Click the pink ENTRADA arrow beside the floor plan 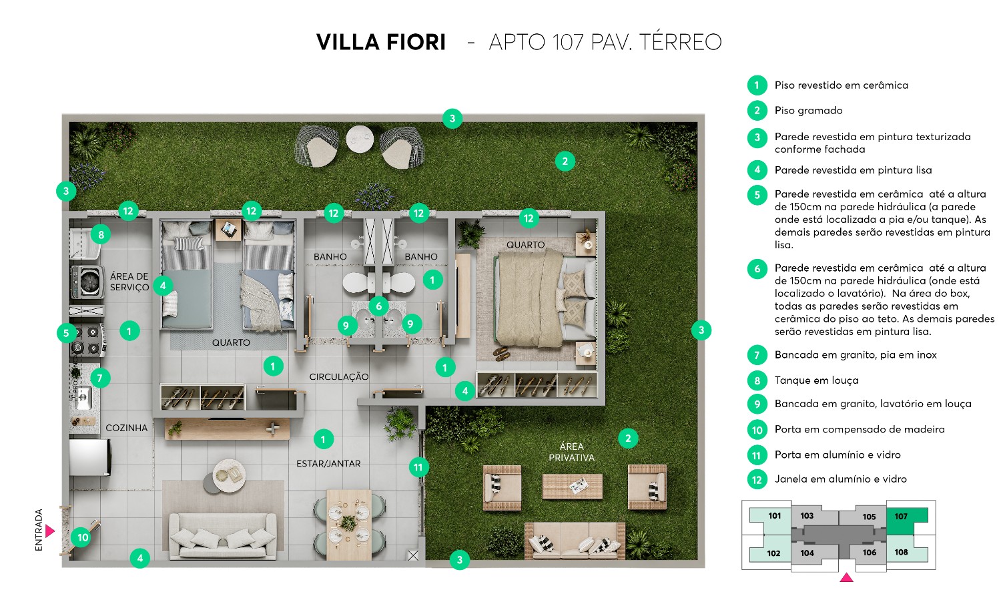(x=49, y=531)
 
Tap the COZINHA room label (x=127, y=428)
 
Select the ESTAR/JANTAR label (x=328, y=464)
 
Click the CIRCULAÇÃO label (x=339, y=376)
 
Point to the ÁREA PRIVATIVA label (x=571, y=452)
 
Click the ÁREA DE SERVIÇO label (x=129, y=282)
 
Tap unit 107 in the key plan (x=906, y=521)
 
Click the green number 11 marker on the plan (x=418, y=467)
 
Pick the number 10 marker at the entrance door (x=83, y=537)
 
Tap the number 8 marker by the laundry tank (x=101, y=234)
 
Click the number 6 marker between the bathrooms (x=378, y=306)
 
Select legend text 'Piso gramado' (x=808, y=110)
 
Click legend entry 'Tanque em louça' (x=816, y=380)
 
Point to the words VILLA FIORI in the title (x=381, y=42)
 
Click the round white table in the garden (x=360, y=139)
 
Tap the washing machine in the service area (x=88, y=282)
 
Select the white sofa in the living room (x=222, y=535)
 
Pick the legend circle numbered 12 (x=757, y=479)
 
